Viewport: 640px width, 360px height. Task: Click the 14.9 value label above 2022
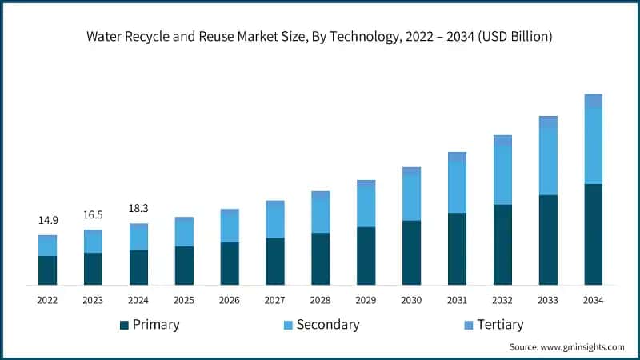(47, 220)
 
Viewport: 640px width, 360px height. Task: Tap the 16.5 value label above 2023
(93, 215)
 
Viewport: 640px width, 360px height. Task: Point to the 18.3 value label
(138, 209)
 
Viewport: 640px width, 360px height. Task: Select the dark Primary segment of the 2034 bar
(593, 234)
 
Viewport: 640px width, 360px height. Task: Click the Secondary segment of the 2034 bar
(593, 146)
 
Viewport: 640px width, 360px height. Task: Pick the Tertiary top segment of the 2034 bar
(593, 101)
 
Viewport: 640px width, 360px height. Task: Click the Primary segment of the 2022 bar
(47, 270)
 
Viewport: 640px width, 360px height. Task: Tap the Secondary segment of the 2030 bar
(411, 198)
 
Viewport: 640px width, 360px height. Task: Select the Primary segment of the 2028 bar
(320, 258)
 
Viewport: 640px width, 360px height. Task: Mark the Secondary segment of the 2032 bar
(502, 175)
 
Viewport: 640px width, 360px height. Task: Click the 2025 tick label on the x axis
(184, 300)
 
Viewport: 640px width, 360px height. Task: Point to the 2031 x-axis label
(457, 300)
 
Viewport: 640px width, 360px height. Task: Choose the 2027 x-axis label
(275, 300)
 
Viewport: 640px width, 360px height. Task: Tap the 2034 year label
(593, 300)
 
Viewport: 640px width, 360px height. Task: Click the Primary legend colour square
(124, 325)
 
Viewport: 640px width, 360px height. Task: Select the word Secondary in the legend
(328, 324)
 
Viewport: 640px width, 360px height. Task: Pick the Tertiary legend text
(499, 324)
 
